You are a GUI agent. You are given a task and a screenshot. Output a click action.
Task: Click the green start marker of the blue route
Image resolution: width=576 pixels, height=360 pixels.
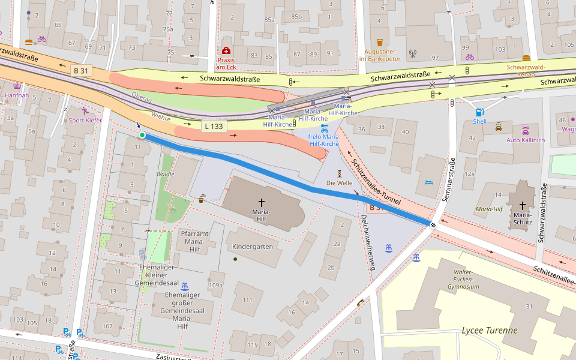(142, 135)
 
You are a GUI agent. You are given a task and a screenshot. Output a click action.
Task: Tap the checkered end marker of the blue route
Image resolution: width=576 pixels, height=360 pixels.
(433, 224)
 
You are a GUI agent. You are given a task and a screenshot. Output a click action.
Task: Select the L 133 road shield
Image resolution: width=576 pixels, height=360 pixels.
(214, 127)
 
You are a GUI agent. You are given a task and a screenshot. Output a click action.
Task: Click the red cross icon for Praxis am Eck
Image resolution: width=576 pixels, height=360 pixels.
(226, 50)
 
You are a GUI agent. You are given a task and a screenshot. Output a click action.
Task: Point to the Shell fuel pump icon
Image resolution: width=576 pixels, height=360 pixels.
(479, 112)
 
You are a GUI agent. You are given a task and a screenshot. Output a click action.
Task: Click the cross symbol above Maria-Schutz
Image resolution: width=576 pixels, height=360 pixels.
(522, 205)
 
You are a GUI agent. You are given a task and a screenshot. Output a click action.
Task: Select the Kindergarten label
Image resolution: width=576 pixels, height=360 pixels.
(253, 247)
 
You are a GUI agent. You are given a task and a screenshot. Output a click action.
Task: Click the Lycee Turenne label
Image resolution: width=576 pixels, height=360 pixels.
(489, 330)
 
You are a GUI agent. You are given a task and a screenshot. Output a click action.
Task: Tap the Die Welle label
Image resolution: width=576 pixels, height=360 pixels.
(339, 182)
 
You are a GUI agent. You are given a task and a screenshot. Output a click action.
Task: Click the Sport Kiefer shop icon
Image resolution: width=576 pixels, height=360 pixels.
(86, 111)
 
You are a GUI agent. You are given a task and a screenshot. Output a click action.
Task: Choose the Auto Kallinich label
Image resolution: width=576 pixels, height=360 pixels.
(526, 140)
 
